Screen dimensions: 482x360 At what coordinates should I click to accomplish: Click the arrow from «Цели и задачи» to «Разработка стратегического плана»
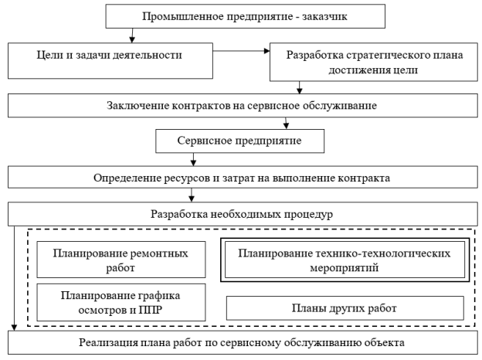click(241, 51)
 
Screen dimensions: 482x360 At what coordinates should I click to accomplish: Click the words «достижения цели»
click(373, 70)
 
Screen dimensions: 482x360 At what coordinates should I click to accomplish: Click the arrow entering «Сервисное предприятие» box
click(286, 123)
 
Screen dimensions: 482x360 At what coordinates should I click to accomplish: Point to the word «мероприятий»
click(345, 268)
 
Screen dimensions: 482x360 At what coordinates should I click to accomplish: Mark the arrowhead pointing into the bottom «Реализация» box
click(14, 328)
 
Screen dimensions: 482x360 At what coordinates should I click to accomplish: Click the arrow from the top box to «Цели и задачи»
click(132, 36)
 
